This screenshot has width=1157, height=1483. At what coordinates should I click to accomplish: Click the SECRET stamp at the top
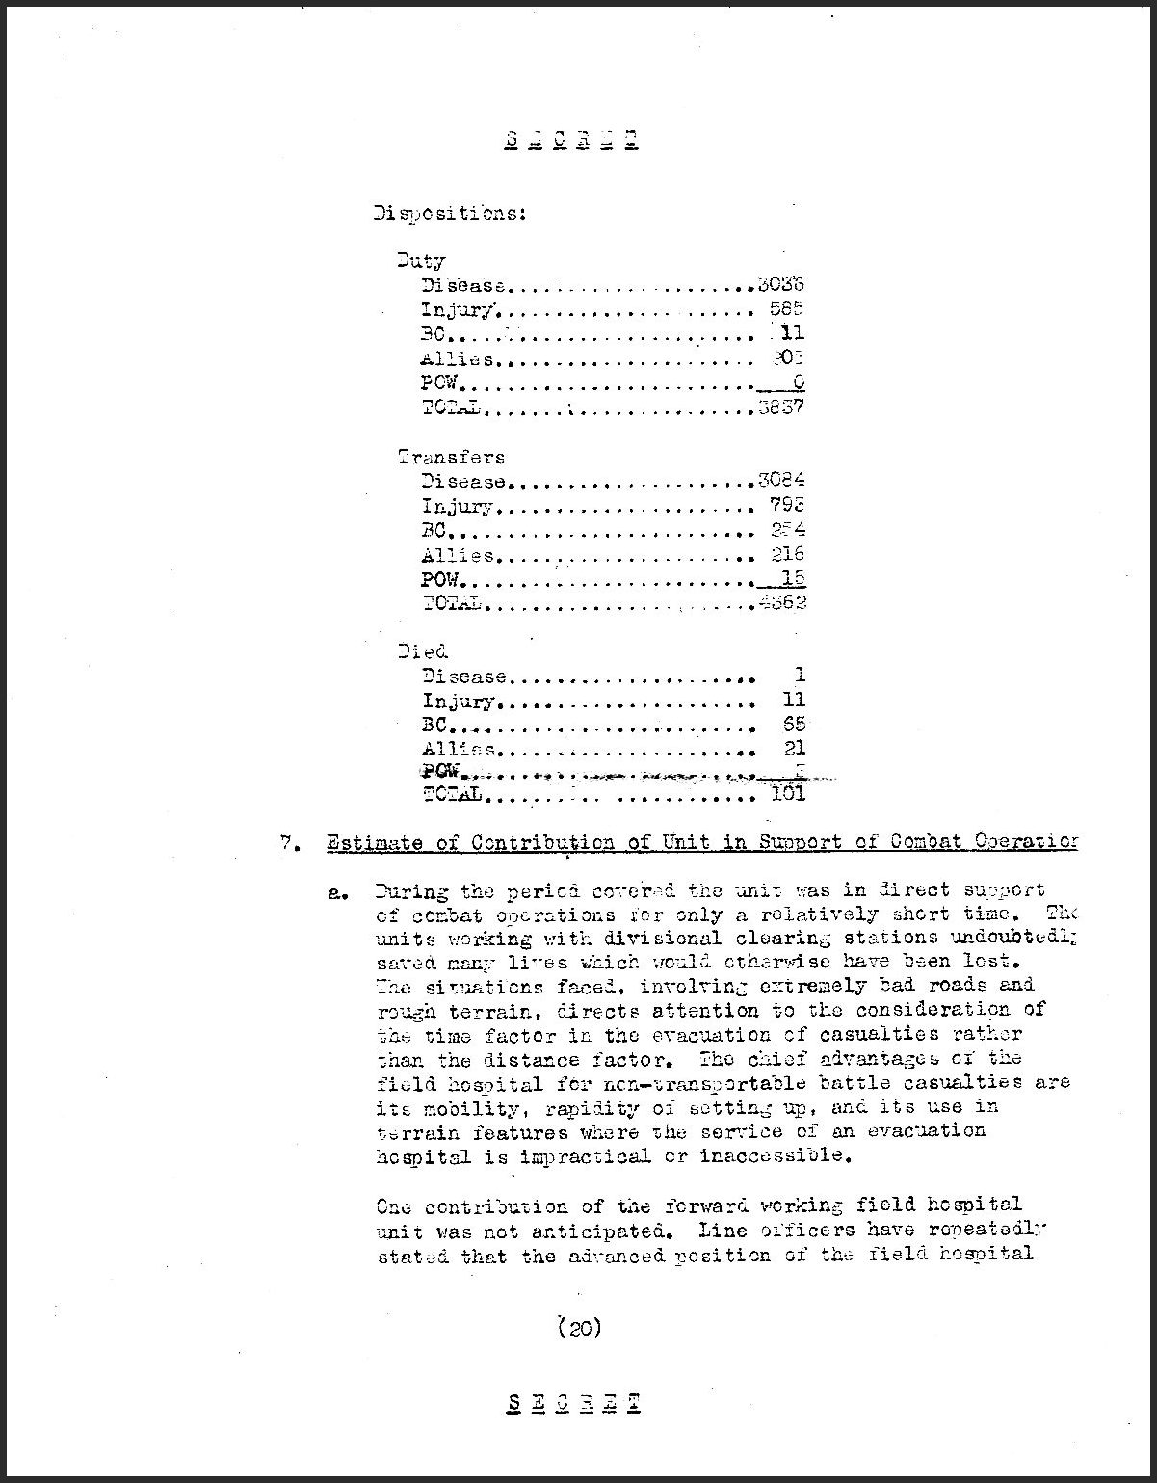pos(571,141)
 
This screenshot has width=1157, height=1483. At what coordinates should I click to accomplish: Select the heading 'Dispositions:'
pos(449,213)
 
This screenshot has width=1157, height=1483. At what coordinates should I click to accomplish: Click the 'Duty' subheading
pos(421,260)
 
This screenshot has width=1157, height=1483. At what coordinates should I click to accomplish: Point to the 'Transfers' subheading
pos(451,457)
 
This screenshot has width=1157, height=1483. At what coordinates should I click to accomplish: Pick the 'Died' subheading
pos(423,651)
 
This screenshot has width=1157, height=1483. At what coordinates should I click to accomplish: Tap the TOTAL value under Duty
pos(781,408)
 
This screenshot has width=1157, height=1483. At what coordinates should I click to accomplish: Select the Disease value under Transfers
pos(781,481)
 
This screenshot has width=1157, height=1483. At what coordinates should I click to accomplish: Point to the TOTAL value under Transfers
pos(781,603)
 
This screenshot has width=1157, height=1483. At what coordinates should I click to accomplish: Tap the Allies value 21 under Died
pos(795,748)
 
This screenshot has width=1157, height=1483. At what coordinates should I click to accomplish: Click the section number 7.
pos(286,843)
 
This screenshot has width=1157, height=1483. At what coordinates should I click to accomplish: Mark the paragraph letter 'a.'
pos(338,892)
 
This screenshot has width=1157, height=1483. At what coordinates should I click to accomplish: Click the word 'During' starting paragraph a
pos(410,889)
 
